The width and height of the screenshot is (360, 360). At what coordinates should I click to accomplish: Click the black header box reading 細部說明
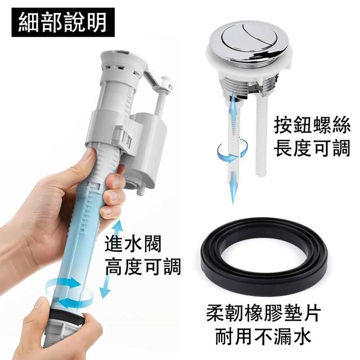point(63,22)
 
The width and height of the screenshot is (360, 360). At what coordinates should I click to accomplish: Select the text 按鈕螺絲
point(312,125)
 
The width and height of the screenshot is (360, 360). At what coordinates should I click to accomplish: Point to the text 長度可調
point(312,148)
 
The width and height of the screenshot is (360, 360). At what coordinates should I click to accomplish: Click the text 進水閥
point(133,244)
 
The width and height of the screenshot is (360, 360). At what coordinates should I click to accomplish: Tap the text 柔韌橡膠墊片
point(263,313)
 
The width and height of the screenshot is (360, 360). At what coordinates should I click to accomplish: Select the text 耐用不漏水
point(263,336)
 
